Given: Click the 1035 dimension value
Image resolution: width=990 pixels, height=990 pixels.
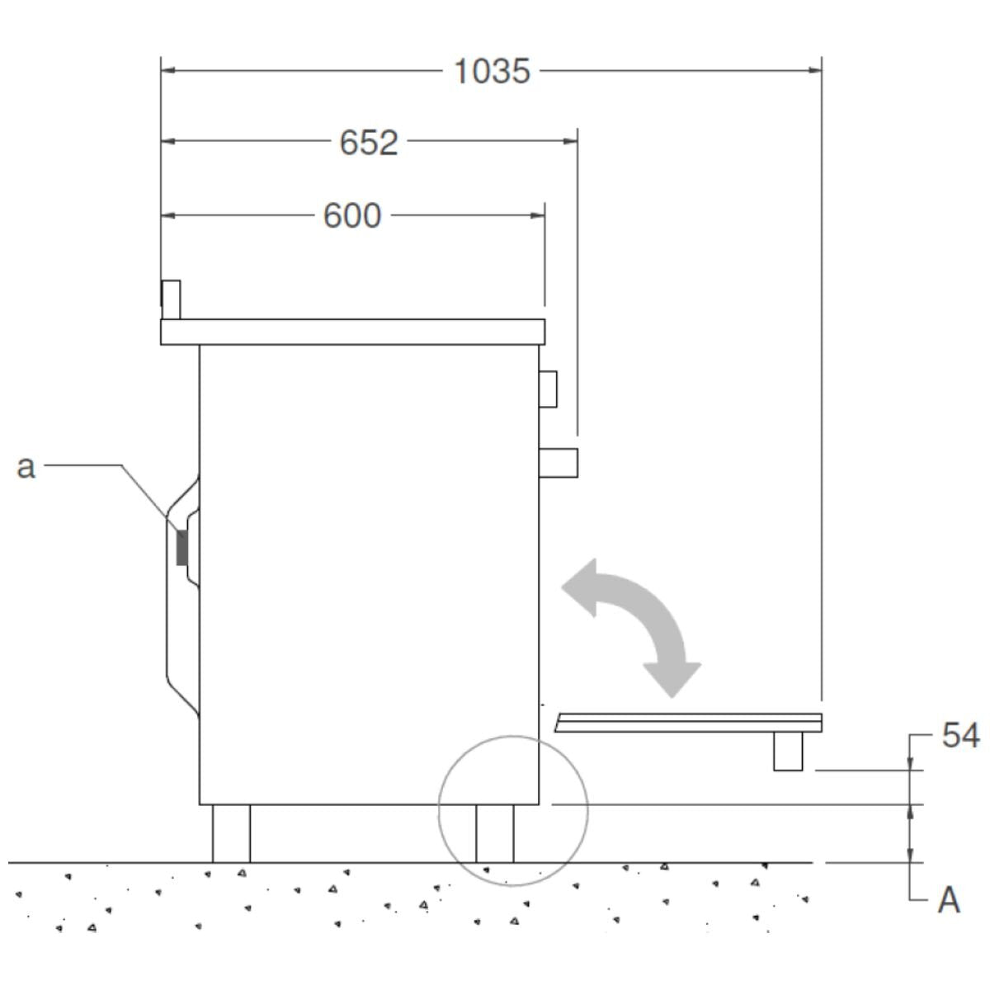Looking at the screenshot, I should (492, 72).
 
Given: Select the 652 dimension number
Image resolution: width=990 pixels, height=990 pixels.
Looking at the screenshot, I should (369, 143).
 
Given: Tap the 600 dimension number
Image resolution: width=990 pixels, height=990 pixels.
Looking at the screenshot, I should (352, 216).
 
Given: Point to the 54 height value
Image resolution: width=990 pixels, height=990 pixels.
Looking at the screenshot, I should (960, 736).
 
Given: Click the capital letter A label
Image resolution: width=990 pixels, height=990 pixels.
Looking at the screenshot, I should (949, 901).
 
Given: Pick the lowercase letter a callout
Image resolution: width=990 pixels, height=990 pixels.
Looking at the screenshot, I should (26, 467).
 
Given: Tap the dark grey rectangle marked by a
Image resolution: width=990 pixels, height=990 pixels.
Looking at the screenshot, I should (181, 547).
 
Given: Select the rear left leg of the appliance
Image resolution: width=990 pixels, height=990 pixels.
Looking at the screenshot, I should (231, 833).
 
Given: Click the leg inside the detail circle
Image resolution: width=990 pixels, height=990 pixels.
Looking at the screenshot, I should (494, 833).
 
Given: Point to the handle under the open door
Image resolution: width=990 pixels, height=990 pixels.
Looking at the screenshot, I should (788, 752).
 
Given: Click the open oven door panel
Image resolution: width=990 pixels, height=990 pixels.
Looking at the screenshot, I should (689, 723).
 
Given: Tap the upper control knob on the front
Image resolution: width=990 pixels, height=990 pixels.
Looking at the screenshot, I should (548, 389).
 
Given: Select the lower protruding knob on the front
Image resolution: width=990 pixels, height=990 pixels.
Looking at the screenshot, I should (558, 463).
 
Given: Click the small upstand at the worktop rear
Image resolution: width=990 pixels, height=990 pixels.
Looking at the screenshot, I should (171, 299).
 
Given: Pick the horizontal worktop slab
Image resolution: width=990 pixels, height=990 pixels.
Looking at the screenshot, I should (352, 332).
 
